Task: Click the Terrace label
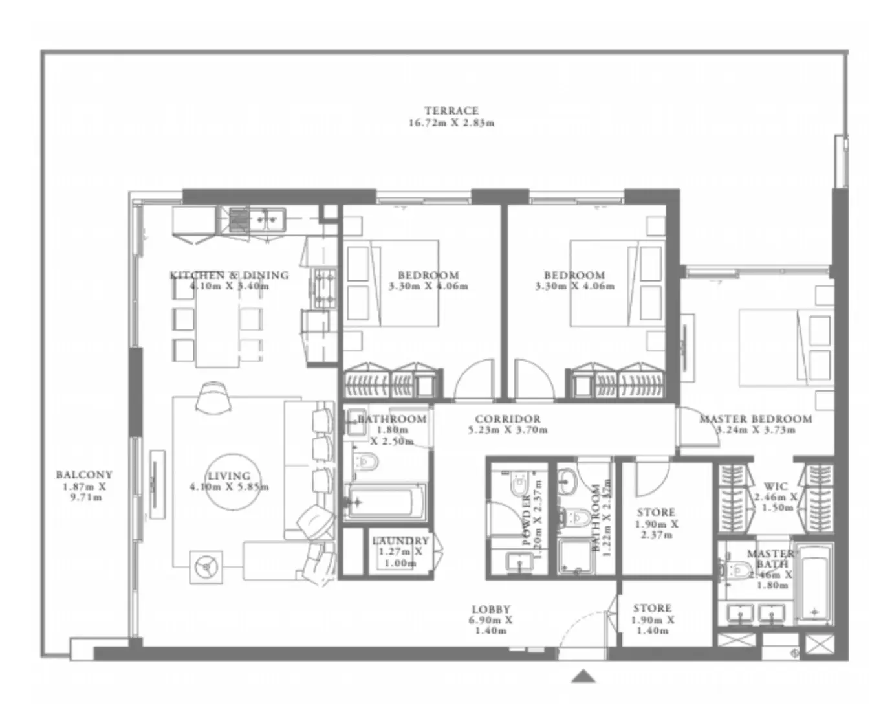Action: pos(451,111)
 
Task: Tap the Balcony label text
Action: pos(83,474)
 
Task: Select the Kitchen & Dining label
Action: pos(229,275)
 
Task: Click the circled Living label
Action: pos(229,476)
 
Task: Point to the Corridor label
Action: pos(507,419)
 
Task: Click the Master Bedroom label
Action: pos(756,419)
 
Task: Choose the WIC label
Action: pos(776,486)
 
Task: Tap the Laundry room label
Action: pos(400,541)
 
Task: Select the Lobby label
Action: pos(491,609)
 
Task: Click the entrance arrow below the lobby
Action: pos(583,676)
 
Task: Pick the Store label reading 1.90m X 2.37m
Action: pos(656,512)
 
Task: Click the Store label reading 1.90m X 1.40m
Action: pos(652,608)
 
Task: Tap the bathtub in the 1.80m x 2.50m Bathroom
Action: pos(386,502)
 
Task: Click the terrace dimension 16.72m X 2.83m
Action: pos(451,123)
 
